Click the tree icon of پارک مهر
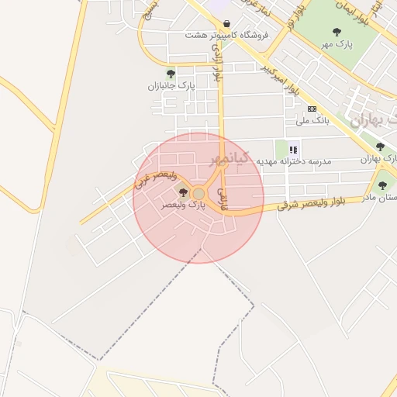pos(336,32)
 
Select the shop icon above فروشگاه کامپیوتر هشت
pos(226,23)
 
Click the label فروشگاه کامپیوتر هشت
pos(226,36)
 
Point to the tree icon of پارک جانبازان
pos(171,74)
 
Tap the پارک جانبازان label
pos(171,86)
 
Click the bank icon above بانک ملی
pos(312,109)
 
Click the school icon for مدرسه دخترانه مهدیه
pos(293,150)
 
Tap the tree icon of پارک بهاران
pos(379,147)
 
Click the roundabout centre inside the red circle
pos(198,193)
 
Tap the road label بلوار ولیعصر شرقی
pos(314,203)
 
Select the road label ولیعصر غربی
pos(161,180)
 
